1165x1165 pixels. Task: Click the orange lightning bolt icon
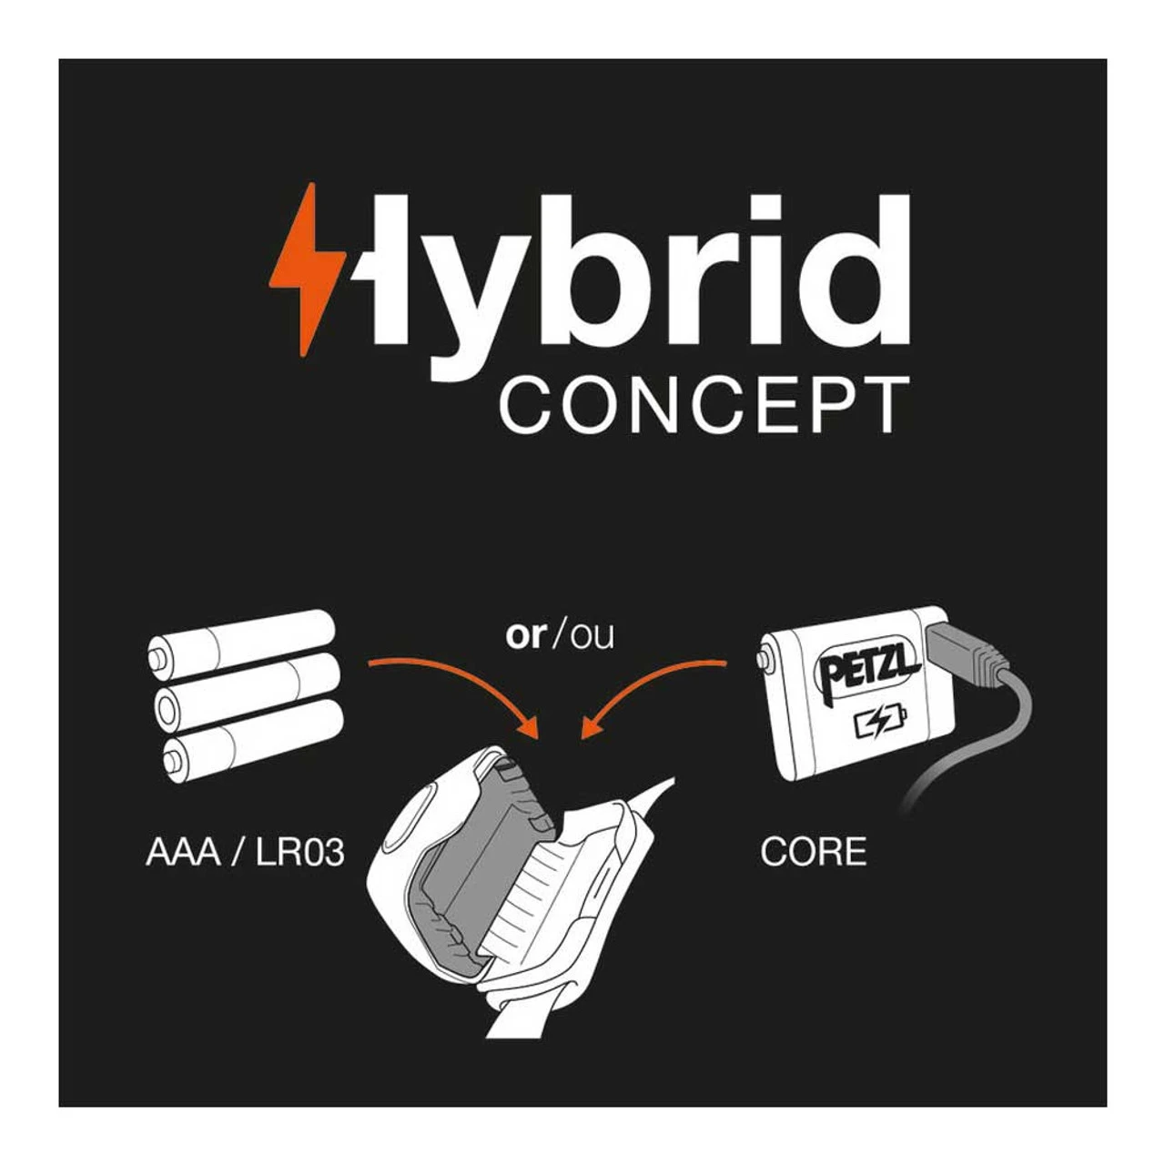305,268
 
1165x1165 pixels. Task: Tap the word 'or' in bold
524,635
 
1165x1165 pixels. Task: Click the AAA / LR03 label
245,853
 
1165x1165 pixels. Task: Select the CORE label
813,852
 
